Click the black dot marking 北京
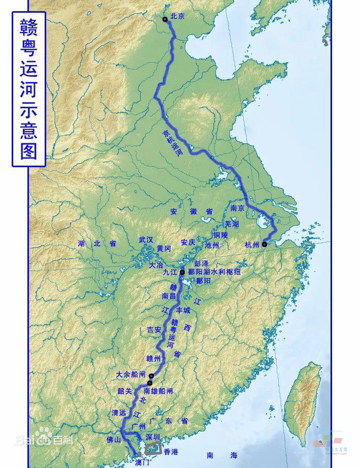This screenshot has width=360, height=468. click(165, 19)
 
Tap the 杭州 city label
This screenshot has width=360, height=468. click(251, 244)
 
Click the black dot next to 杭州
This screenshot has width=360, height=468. click(265, 244)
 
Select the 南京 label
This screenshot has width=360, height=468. click(238, 208)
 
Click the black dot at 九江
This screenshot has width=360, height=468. click(182, 272)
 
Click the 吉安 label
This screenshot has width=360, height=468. click(154, 329)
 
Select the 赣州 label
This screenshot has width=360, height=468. click(153, 358)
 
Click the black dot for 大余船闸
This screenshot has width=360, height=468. click(151, 376)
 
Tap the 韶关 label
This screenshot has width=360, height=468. click(125, 391)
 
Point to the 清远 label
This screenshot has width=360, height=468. click(118, 412)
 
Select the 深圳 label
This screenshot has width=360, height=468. click(153, 436)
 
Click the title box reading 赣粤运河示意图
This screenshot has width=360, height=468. click(29, 89)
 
